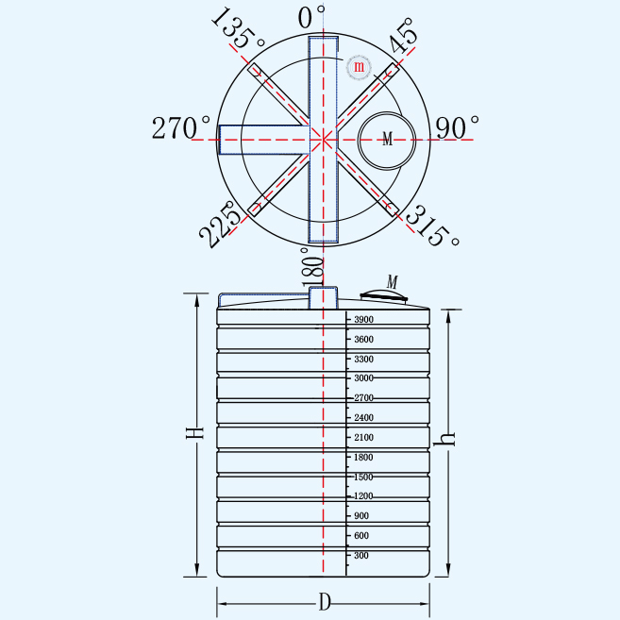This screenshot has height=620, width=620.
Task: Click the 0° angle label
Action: click(311, 17)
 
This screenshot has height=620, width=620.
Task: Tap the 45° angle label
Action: click(404, 35)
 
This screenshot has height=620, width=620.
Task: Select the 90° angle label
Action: click(457, 127)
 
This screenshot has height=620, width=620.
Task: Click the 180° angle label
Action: click(312, 266)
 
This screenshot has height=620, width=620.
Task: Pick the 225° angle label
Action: click(220, 225)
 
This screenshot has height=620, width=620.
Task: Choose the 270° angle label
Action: click(181, 127)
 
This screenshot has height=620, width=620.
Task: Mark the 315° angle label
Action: click(432, 226)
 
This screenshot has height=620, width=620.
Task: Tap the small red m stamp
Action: click(359, 66)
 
